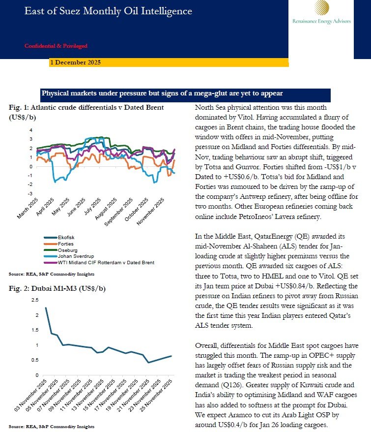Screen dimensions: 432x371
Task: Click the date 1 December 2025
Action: click(76, 62)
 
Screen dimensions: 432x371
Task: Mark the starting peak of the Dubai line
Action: click(46, 308)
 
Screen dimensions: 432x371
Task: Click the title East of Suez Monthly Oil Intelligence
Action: click(109, 11)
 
